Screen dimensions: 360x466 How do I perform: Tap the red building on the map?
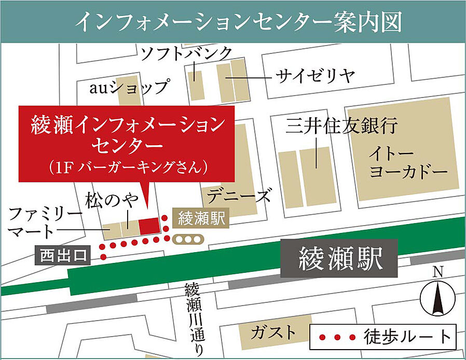(149, 226)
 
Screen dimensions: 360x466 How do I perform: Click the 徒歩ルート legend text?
(407, 337)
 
